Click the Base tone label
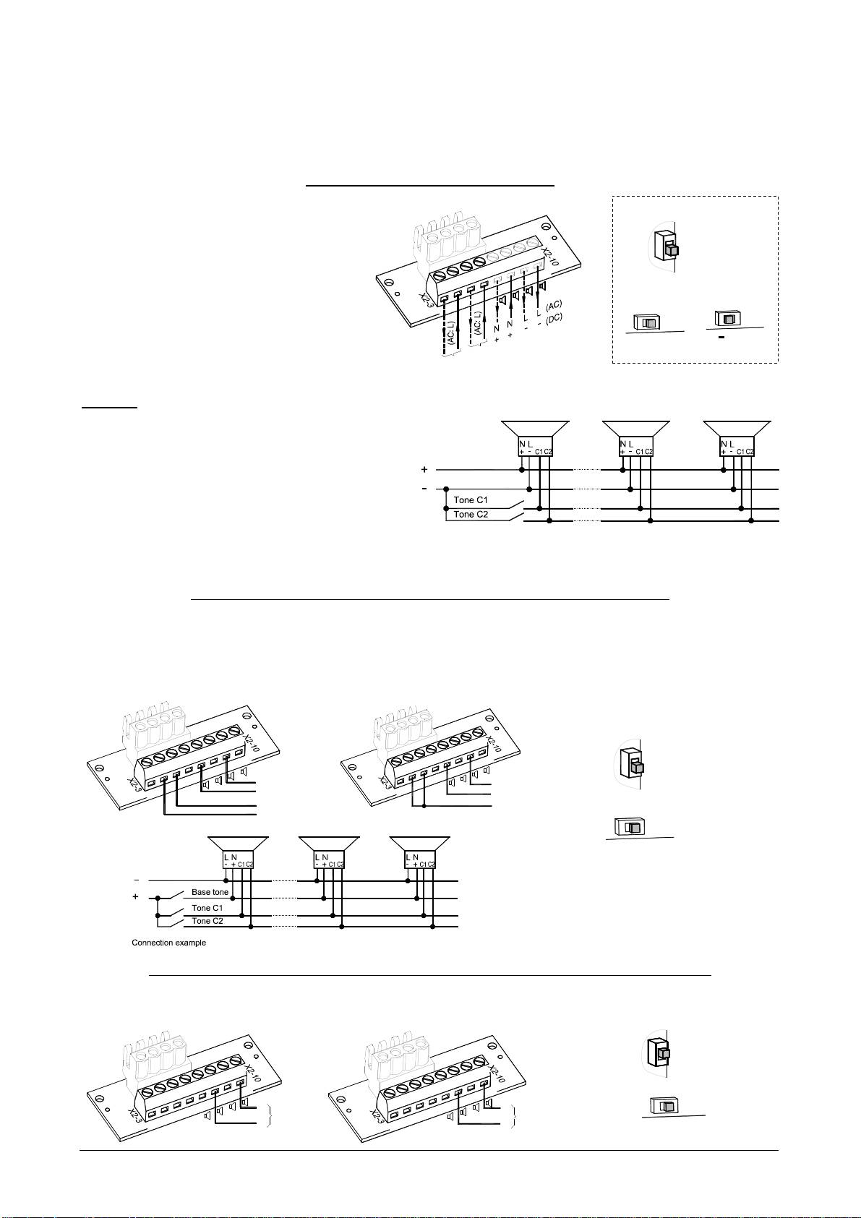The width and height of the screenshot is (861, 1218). tap(210, 892)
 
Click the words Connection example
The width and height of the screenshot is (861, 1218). tap(168, 943)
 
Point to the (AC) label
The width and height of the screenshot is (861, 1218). tap(554, 306)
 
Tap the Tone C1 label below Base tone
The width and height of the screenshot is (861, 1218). tap(207, 908)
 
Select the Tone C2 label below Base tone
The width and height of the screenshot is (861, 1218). tap(207, 921)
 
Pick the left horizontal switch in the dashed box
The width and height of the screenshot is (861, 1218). tap(647, 322)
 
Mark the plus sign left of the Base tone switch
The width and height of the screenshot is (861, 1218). tap(135, 897)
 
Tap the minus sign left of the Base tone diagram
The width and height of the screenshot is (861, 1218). tap(137, 880)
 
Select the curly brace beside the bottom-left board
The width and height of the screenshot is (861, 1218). tap(270, 1115)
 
